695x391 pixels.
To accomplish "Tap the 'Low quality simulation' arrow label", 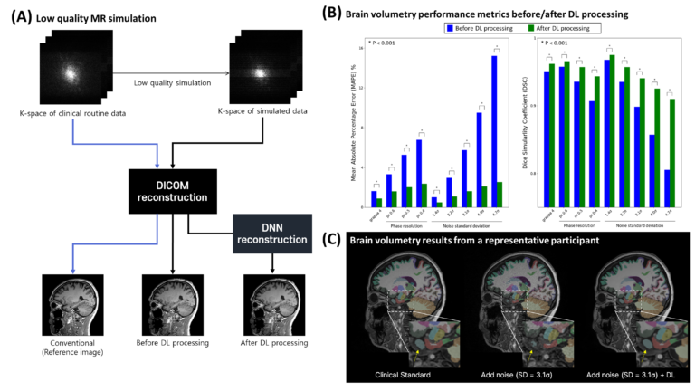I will point(166,83).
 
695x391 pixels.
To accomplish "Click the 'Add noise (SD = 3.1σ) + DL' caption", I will point(624,373).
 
